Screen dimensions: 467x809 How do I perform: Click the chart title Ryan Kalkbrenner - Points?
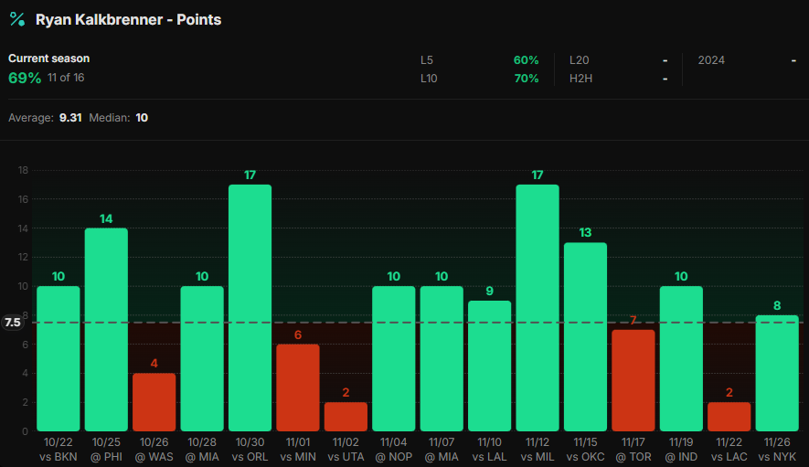(x=128, y=19)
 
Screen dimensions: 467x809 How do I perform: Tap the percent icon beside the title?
(x=16, y=19)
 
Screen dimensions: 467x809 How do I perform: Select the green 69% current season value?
(x=25, y=79)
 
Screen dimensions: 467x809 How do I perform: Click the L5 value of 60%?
(x=526, y=60)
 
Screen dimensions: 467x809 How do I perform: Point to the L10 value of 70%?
(x=526, y=79)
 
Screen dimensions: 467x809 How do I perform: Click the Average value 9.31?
(x=69, y=118)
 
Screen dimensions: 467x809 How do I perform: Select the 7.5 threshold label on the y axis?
(x=13, y=323)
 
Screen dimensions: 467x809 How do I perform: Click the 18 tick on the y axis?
(x=23, y=170)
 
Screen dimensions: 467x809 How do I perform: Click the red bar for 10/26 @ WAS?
(x=154, y=402)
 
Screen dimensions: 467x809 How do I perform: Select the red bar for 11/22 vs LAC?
(x=729, y=417)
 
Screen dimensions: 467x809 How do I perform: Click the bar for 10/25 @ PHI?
(x=106, y=329)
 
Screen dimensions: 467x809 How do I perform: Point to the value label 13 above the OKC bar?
(x=585, y=232)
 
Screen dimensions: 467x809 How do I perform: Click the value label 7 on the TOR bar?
(x=633, y=320)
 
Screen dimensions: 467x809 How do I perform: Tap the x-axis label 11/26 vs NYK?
(x=776, y=450)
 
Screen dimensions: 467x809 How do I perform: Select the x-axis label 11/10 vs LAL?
(x=489, y=450)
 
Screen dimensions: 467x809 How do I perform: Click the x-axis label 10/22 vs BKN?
(x=58, y=450)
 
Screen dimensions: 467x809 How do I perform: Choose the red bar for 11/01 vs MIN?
(x=297, y=387)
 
